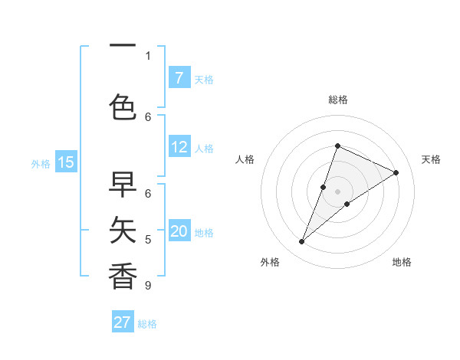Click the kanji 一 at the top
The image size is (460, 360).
tap(123, 47)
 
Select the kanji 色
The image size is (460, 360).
tap(123, 106)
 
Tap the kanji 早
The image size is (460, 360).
tap(123, 184)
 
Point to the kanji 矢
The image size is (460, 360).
tap(123, 227)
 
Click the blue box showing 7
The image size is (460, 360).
tap(179, 77)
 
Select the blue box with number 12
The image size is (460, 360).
tap(179, 147)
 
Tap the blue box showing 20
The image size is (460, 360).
tap(179, 231)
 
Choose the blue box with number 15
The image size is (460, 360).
tap(66, 162)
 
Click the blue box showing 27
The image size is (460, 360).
tap(123, 322)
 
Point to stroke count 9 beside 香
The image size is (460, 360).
tap(148, 286)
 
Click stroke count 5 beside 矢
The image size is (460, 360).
tap(148, 240)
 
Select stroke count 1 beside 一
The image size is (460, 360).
tap(148, 55)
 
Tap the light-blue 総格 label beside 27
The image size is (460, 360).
tap(147, 324)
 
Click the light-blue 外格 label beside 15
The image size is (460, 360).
tap(41, 163)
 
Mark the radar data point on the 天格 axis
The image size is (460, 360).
tap(396, 172)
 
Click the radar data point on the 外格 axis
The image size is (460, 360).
tap(301, 242)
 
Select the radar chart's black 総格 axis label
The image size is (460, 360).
tap(337, 100)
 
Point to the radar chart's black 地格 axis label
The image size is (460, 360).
tap(402, 262)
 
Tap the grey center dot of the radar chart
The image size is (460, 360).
tap(337, 191)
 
